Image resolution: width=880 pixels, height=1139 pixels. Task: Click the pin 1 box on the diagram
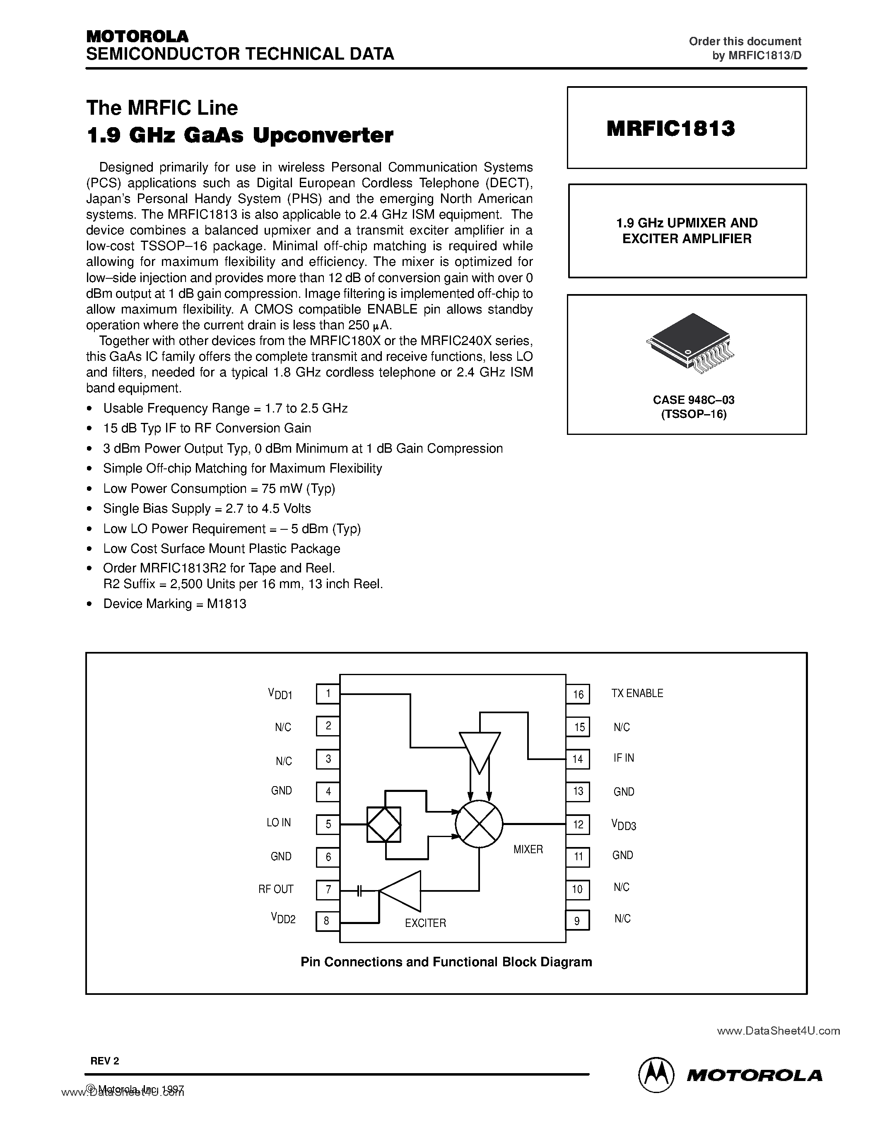(328, 694)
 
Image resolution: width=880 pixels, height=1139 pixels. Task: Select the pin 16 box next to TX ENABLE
(578, 694)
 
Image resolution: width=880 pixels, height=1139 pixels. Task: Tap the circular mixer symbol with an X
(479, 824)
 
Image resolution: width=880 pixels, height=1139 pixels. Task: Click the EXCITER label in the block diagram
(425, 923)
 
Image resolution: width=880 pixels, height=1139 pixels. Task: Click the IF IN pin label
(624, 758)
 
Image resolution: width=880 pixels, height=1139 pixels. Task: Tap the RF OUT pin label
(276, 889)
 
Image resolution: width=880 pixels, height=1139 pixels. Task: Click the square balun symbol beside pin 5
(384, 824)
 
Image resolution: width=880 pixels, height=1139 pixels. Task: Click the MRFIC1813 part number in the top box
(670, 128)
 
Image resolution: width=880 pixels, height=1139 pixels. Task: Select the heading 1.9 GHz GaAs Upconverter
(240, 135)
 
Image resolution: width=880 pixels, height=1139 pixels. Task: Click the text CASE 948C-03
(693, 400)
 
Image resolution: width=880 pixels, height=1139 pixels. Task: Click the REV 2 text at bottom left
(105, 1060)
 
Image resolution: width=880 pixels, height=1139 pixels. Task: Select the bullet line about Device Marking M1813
(175, 604)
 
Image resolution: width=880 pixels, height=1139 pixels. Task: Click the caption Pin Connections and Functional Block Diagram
(446, 962)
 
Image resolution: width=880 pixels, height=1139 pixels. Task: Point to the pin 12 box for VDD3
(578, 825)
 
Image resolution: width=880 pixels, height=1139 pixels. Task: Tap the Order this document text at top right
(745, 41)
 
